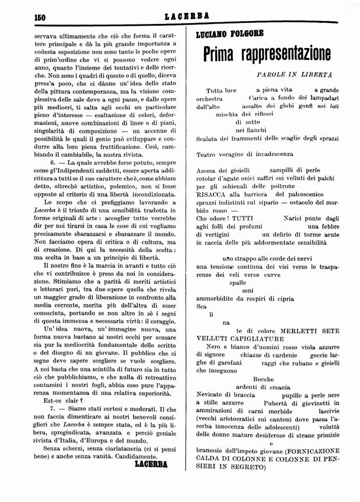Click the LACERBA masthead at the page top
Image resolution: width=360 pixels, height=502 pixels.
(180, 17)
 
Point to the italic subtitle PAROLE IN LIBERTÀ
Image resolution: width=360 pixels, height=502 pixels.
(295, 74)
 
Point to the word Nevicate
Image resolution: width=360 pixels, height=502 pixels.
(212, 394)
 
